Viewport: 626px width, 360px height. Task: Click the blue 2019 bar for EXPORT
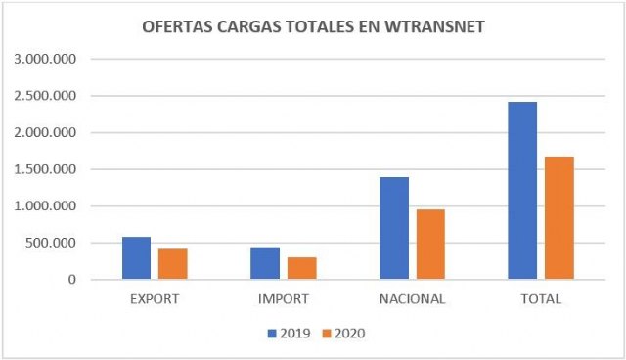tap(136, 258)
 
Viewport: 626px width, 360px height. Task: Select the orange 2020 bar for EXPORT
tap(173, 264)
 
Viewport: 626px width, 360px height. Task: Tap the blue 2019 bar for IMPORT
tap(265, 263)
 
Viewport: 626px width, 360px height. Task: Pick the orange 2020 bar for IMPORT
tap(302, 268)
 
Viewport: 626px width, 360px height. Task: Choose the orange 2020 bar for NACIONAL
tap(431, 245)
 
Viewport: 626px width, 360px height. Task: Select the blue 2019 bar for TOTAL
tap(522, 191)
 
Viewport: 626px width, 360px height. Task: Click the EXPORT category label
tap(155, 299)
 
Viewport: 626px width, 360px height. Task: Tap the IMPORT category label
tap(284, 299)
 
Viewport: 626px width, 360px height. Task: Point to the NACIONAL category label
tap(413, 299)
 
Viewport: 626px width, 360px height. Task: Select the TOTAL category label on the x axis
tap(541, 299)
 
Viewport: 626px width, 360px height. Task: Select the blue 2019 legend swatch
tap(273, 334)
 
